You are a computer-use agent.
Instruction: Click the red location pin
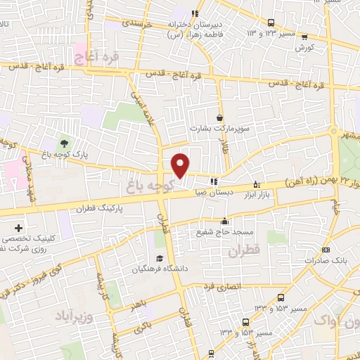[x=181, y=165]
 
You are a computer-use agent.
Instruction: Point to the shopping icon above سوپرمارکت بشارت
[x=220, y=117]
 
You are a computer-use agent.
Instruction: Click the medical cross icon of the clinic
[x=18, y=229]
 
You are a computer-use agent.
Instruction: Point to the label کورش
[x=304, y=49]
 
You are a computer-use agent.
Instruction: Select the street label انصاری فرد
[x=221, y=287]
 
